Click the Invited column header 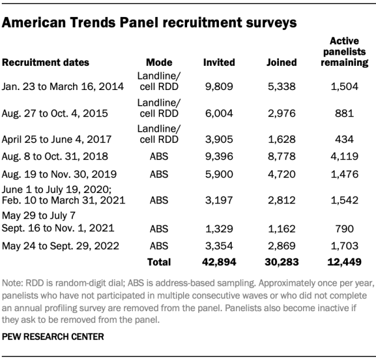pos(219,62)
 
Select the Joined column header pos(281,62)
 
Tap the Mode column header pos(159,62)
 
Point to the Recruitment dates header pos(45,62)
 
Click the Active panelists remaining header pos(344,52)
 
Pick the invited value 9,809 pos(219,86)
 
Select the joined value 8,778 pos(281,156)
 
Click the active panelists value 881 pos(344,113)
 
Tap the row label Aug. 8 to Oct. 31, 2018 pos(55,156)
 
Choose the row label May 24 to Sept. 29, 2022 pos(61,246)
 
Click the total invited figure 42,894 pos(219,262)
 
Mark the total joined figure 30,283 pos(281,262)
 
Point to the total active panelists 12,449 pos(344,262)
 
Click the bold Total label pos(159,262)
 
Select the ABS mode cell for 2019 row pos(159,174)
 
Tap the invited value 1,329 pos(219,229)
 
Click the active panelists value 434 pos(344,139)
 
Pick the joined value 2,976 pos(281,113)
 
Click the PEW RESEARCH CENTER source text pos(53,336)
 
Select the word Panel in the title pos(139,22)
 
